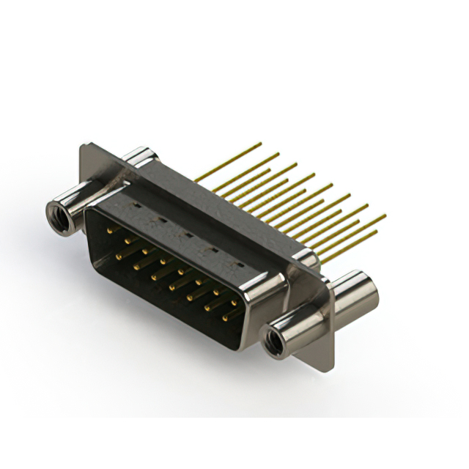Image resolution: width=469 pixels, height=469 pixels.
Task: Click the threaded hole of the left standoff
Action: [x=59, y=216]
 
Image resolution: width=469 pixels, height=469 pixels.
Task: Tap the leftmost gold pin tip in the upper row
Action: [x=111, y=230]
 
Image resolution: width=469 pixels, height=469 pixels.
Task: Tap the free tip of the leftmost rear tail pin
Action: [x=260, y=144]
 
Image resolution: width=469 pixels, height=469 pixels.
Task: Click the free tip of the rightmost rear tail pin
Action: [x=385, y=215]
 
